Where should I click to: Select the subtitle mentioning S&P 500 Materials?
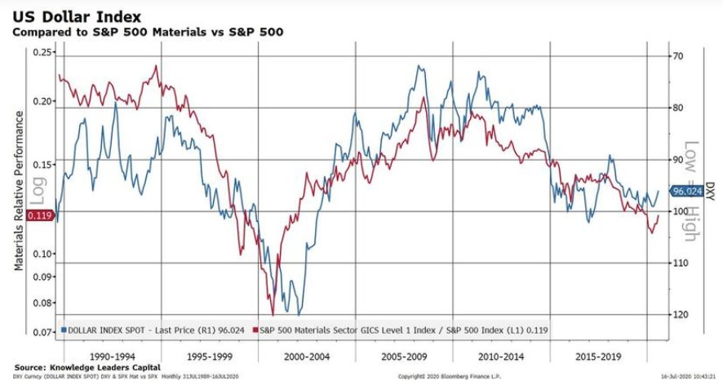(x=147, y=32)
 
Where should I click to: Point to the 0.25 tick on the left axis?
(x=42, y=52)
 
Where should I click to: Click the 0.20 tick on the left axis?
(x=42, y=101)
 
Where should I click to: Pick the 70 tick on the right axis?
(x=678, y=56)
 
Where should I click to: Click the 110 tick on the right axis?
(x=681, y=263)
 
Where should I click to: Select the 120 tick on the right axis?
(x=681, y=314)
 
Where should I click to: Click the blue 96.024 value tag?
(x=687, y=192)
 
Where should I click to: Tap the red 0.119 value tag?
(x=40, y=216)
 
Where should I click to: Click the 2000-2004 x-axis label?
(x=308, y=356)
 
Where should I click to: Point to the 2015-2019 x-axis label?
(x=597, y=356)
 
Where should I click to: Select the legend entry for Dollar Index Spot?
(x=155, y=330)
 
